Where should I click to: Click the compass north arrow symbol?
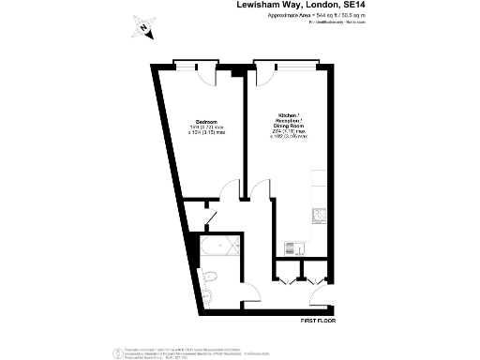pyautogui.click(x=142, y=28)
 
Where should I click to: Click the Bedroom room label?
pyautogui.click(x=206, y=123)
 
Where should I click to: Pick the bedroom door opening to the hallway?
pyautogui.click(x=232, y=193)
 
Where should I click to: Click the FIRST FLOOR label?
pyautogui.click(x=317, y=321)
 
